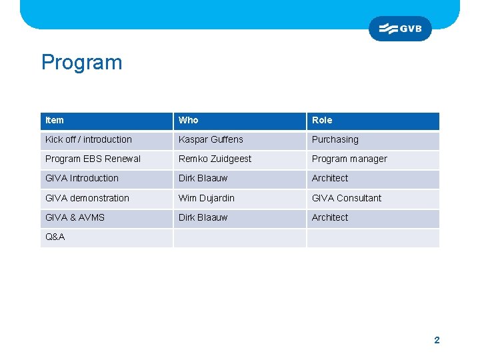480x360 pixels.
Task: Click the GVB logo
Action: click(x=400, y=29)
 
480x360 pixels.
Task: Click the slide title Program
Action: click(x=82, y=63)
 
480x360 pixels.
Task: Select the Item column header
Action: click(x=55, y=120)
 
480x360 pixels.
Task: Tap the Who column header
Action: click(x=188, y=120)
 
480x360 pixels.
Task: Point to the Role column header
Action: click(x=322, y=120)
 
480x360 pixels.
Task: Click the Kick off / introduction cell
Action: click(x=89, y=139)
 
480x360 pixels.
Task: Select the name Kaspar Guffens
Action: click(x=211, y=139)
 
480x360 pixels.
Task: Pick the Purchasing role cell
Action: click(x=335, y=139)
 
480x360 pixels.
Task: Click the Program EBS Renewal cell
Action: click(x=93, y=159)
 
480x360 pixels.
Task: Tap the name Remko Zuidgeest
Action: click(x=215, y=159)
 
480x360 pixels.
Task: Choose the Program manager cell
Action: click(x=349, y=159)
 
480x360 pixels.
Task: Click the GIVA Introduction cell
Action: click(x=82, y=178)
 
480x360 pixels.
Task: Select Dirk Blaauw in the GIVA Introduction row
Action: click(x=203, y=178)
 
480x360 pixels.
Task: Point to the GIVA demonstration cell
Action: click(x=87, y=198)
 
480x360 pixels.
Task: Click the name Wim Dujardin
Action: click(x=207, y=198)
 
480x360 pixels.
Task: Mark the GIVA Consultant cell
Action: click(x=347, y=198)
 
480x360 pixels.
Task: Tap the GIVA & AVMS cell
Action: click(x=75, y=217)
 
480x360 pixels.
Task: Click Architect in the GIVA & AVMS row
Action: click(x=330, y=217)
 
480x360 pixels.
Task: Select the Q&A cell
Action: click(x=55, y=237)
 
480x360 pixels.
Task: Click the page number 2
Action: click(x=437, y=340)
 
